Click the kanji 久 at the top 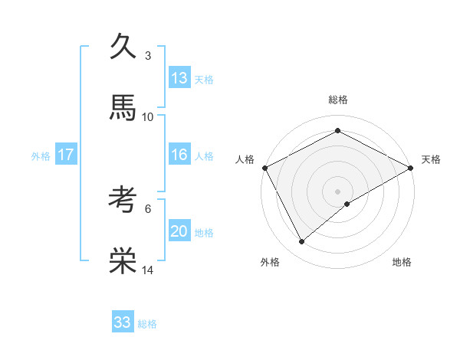[x=123, y=47]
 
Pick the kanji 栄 [x=123, y=260]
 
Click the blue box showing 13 [x=179, y=78]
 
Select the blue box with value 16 [x=179, y=155]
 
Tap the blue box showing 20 [x=179, y=231]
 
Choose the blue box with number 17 [x=66, y=155]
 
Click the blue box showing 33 [x=123, y=322]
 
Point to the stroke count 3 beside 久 [x=148, y=56]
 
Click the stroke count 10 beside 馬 [x=148, y=116]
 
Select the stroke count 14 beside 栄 [x=148, y=270]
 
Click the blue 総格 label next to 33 [x=147, y=324]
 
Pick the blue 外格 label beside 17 [x=41, y=156]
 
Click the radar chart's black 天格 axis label [x=431, y=159]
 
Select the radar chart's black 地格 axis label [x=402, y=263]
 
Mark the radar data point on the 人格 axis [x=264, y=167]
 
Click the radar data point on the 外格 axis [x=302, y=241]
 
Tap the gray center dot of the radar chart [x=338, y=191]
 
